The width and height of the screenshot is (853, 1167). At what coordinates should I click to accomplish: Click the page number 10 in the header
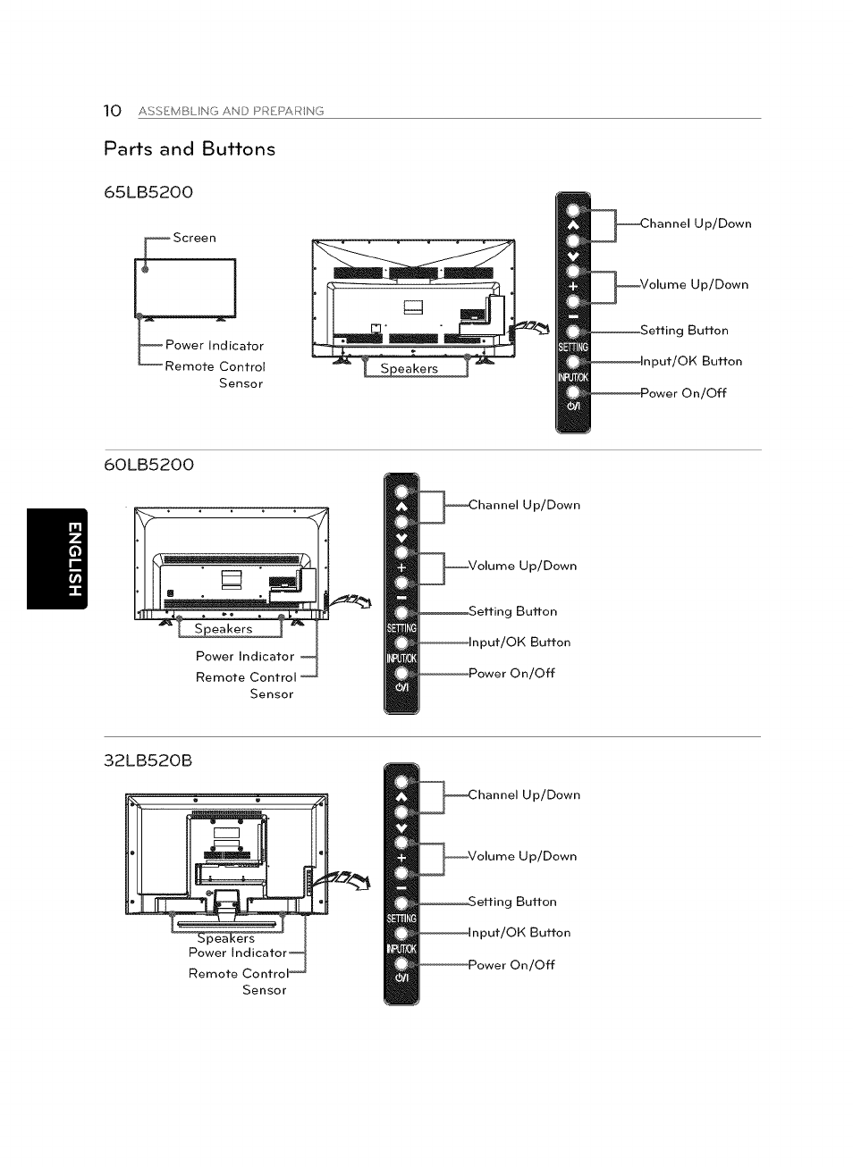tap(112, 111)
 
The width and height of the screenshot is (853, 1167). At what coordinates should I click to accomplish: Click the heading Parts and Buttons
tap(190, 149)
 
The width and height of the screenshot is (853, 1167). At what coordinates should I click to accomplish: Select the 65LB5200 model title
tap(148, 192)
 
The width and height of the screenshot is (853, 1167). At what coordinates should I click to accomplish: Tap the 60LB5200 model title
tap(148, 465)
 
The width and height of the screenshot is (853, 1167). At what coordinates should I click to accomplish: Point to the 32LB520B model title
tap(148, 761)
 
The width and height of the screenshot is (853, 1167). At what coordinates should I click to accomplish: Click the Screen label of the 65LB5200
tap(194, 238)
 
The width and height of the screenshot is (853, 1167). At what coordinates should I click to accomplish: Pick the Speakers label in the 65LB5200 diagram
tap(410, 369)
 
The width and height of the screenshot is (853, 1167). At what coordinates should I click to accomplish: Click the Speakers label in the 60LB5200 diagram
tap(224, 629)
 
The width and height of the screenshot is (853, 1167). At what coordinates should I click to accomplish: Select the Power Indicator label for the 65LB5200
tap(215, 346)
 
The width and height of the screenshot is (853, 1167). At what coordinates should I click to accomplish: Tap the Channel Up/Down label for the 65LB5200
tap(696, 223)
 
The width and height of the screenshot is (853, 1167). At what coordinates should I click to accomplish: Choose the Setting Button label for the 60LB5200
tap(512, 612)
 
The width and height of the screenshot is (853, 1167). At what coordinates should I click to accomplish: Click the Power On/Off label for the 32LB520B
tap(511, 965)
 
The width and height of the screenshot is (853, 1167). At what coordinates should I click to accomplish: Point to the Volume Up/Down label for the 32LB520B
tap(522, 856)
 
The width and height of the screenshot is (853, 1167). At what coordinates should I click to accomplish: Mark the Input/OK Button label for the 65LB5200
tap(691, 362)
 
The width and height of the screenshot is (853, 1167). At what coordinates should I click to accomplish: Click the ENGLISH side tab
tap(57, 558)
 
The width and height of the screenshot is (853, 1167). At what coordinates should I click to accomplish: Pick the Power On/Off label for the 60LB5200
tap(511, 674)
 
